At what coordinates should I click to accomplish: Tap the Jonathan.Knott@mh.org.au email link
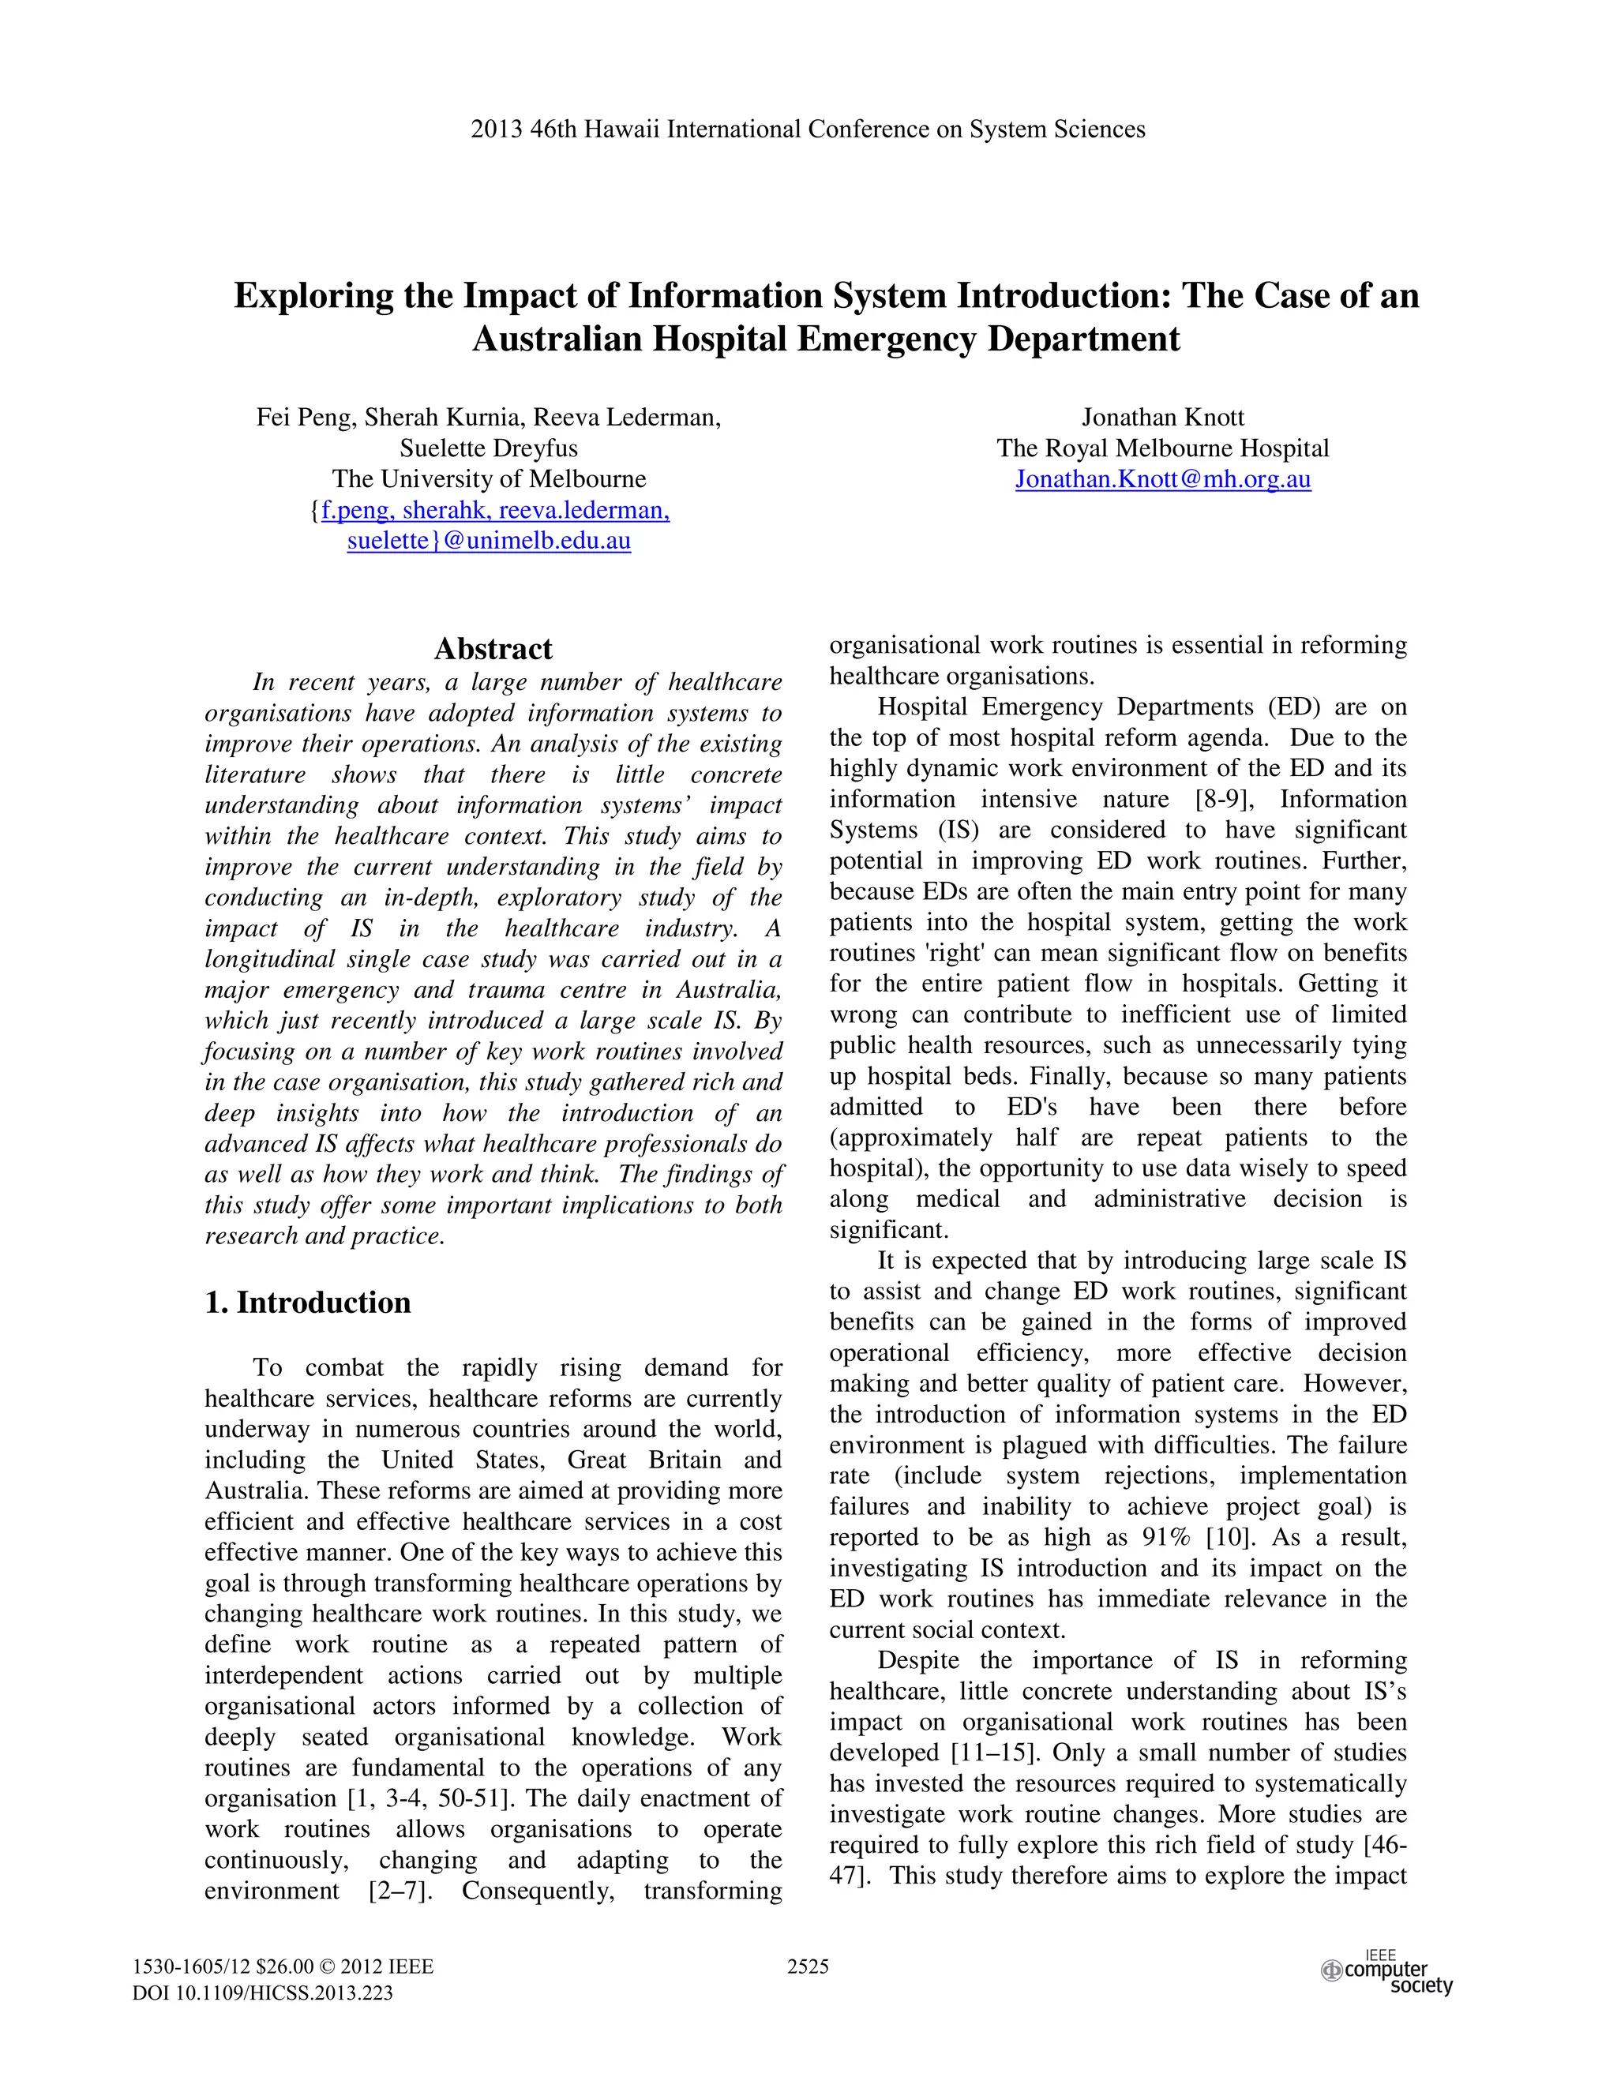[x=1162, y=479]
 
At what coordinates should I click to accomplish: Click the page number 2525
[x=808, y=1966]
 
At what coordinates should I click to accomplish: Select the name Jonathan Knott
[x=1162, y=417]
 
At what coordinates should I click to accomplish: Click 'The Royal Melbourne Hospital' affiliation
[x=1162, y=448]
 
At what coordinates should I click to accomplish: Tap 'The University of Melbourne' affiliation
[x=489, y=479]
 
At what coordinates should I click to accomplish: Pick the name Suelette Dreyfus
[x=489, y=448]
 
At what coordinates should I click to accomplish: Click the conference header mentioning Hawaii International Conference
[x=808, y=129]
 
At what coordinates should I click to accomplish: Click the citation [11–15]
[x=993, y=1753]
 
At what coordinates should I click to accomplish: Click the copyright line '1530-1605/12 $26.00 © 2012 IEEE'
[x=283, y=1966]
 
